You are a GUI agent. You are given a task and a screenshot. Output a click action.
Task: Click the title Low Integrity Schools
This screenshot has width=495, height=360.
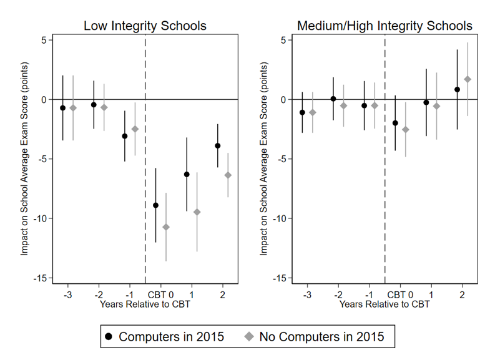pos(145,26)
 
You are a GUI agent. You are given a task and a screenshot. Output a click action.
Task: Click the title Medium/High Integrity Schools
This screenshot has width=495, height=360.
pos(385,26)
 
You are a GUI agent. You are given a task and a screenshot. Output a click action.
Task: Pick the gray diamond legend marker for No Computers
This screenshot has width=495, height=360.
pos(248,337)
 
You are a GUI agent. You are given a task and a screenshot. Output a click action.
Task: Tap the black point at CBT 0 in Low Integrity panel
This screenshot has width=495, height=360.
pos(155,205)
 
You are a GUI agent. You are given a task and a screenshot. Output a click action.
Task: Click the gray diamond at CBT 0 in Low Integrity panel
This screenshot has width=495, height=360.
pos(166,226)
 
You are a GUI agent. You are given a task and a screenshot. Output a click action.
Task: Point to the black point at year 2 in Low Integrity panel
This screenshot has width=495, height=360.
pos(218,145)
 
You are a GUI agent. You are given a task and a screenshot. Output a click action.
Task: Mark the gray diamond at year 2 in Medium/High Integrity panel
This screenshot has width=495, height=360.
pos(468,79)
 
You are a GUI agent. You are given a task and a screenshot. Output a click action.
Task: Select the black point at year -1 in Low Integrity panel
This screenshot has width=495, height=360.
pos(125,136)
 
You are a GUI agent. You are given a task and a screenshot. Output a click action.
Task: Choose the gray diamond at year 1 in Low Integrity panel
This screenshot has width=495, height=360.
pos(197,212)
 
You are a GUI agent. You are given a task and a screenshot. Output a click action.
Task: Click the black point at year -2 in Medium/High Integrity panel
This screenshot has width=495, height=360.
pos(333,99)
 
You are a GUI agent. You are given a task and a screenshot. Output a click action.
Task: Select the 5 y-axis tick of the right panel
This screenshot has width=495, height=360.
pos(283,40)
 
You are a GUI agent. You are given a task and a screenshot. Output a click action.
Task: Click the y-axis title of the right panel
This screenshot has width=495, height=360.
pos(263,159)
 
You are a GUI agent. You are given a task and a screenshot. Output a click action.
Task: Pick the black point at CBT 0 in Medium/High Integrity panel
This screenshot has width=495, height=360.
pos(395,123)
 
